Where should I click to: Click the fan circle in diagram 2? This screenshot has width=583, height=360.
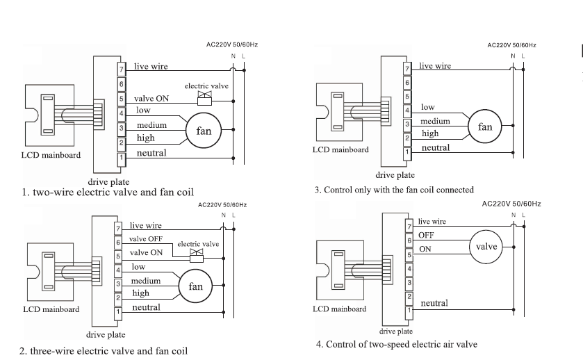tap(196, 286)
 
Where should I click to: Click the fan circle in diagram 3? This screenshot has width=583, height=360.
tap(484, 126)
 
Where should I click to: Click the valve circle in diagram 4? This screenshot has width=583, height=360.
tap(486, 246)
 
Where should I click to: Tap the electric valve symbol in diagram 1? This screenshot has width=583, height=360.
tap(204, 95)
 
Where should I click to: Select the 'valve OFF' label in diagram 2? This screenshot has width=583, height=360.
tap(146, 239)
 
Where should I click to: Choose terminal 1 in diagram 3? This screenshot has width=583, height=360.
tap(407, 149)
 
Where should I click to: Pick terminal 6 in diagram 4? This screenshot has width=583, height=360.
tap(409, 240)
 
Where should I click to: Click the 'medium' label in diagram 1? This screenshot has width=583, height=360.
tap(151, 125)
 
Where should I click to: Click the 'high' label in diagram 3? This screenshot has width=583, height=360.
tap(430, 133)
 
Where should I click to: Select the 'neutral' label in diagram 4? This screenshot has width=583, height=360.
tap(434, 303)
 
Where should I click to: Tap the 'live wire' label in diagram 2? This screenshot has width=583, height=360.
tap(145, 225)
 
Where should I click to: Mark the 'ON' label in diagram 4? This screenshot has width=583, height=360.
tap(425, 249)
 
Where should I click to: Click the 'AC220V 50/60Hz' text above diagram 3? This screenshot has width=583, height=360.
tap(511, 45)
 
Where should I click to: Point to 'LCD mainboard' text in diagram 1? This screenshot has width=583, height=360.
tap(50, 155)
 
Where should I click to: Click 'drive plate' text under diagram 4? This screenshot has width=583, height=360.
tap(395, 332)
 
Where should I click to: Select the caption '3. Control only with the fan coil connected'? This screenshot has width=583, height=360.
tap(394, 190)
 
